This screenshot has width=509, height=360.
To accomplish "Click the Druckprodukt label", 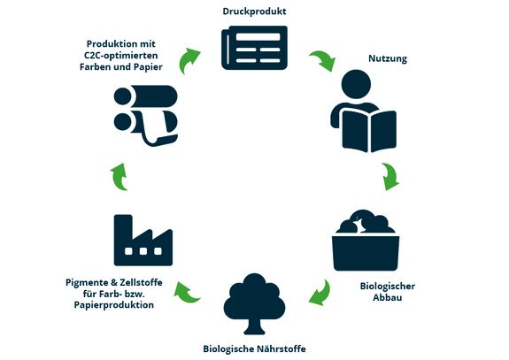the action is (x=254, y=11).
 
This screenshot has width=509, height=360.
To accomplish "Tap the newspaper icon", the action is (x=254, y=48).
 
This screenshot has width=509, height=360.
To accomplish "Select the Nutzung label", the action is (x=388, y=58).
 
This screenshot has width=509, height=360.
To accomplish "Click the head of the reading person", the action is (x=356, y=84).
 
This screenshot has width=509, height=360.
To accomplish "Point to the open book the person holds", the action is (x=369, y=131).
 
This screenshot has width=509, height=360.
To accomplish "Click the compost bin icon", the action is (x=366, y=241).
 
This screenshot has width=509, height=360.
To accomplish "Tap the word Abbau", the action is (x=387, y=298).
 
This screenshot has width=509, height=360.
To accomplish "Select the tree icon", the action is (x=254, y=303).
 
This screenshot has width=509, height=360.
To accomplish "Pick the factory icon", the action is (x=143, y=241).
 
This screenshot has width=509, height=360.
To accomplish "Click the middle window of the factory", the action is (x=143, y=251).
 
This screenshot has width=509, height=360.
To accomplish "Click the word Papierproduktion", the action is (x=114, y=305).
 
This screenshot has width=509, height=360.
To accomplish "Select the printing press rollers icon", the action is (x=146, y=116).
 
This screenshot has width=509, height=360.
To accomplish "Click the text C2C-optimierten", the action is (x=121, y=56).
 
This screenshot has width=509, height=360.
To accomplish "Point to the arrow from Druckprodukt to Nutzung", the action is (x=323, y=59).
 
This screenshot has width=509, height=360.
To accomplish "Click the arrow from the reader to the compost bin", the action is (x=390, y=176).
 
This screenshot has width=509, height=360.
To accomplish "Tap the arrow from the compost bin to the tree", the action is (x=320, y=293).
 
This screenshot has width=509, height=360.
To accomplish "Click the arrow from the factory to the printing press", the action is (x=120, y=177).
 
